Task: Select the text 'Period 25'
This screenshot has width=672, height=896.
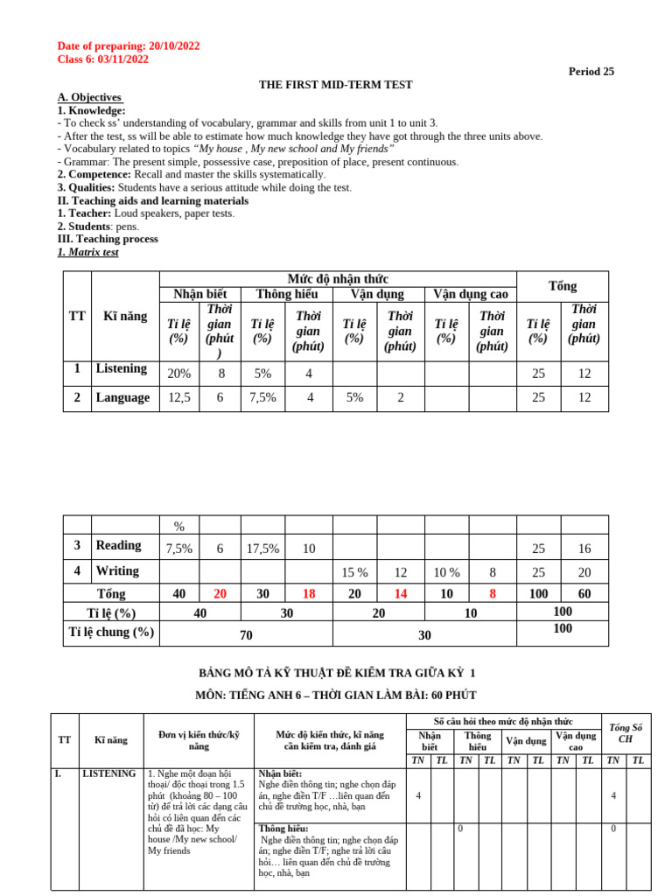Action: point(591,72)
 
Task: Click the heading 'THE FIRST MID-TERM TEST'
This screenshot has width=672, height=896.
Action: point(335,85)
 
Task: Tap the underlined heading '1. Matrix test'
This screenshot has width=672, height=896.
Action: point(87,252)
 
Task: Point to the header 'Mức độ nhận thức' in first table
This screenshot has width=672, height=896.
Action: point(338,278)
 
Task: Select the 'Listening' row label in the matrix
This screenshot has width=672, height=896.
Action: point(121,368)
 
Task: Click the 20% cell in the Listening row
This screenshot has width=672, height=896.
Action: point(178,373)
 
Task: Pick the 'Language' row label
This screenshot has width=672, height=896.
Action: point(122,397)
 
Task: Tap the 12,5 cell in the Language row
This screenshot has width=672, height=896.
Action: point(178,397)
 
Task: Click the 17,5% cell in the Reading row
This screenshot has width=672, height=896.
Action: point(262,549)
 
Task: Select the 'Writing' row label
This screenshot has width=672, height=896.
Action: point(117,570)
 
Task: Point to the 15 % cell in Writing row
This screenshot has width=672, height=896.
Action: point(354,572)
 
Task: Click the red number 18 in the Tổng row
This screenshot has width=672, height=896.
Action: point(309,593)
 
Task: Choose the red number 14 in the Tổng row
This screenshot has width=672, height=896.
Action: point(400,593)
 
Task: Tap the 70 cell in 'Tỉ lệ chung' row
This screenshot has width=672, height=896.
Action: point(247,635)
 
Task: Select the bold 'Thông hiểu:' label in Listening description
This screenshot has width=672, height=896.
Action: point(279,828)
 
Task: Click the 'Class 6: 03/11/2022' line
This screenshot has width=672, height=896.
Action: point(102,59)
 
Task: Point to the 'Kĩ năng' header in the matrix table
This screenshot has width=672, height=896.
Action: point(125,316)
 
